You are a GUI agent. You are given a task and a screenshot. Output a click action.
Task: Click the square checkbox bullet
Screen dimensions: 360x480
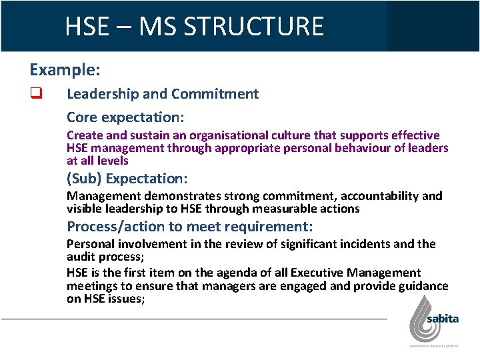[x=36, y=94]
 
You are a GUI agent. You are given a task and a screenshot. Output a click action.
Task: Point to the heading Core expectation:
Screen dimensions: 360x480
[x=125, y=117]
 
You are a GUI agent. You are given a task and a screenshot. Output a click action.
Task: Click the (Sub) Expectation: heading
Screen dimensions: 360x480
[x=127, y=179]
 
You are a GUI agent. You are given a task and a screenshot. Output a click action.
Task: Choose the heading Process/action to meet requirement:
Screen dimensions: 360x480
[x=189, y=227]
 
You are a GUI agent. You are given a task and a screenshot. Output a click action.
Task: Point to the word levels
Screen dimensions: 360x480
[x=113, y=161]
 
